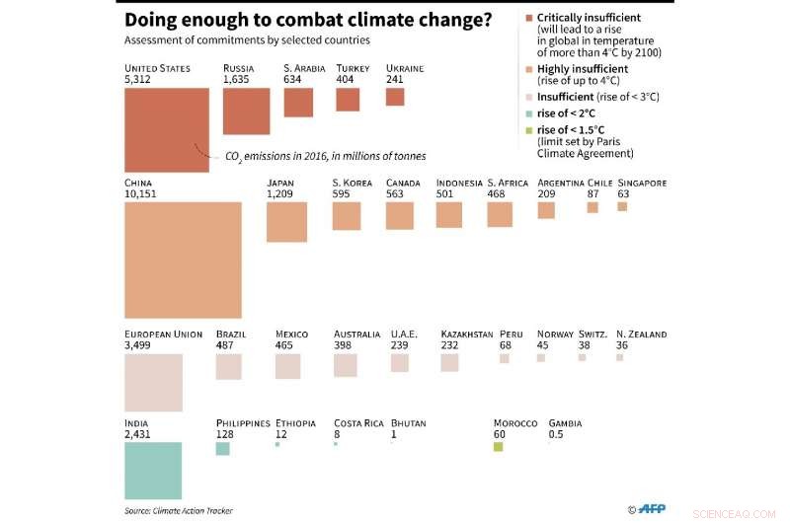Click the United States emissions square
pyautogui.click(x=167, y=129)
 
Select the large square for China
pyautogui.click(x=183, y=260)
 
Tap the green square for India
pyautogui.click(x=153, y=470)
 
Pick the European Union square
pyautogui.click(x=153, y=382)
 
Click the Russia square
pyautogui.click(x=246, y=111)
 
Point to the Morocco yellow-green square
pyautogui.click(x=499, y=447)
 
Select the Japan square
pyautogui.click(x=287, y=222)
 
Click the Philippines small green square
pyautogui.click(x=223, y=448)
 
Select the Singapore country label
pyautogui.click(x=642, y=183)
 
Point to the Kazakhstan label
pyautogui.click(x=467, y=335)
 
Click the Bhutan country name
pyautogui.click(x=409, y=423)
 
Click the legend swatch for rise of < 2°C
pyautogui.click(x=529, y=113)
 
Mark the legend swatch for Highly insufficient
pyautogui.click(x=529, y=69)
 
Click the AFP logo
pyautogui.click(x=651, y=509)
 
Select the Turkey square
pyautogui.click(x=348, y=99)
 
